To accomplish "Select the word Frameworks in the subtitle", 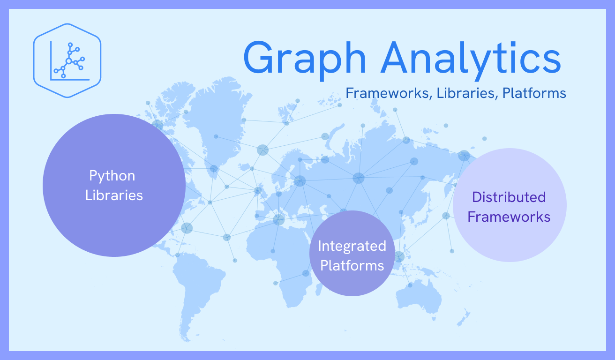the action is pos(387,93).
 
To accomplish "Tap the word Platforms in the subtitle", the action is pos(534,93).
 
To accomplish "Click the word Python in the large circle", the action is pos(112,176).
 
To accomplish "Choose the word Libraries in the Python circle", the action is pos(114,195).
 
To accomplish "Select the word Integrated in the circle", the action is pos(352,246).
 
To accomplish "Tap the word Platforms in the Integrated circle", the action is pos(352,265).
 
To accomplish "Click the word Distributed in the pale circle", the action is pos(509,197).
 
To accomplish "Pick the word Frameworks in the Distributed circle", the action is pos(509,217).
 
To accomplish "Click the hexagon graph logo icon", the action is pos(67,60).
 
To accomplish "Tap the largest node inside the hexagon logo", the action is pos(68,60).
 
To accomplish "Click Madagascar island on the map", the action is pos(318,287).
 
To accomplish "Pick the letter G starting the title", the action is pos(259,58).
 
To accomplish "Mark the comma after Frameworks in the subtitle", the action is pos(431,97).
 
